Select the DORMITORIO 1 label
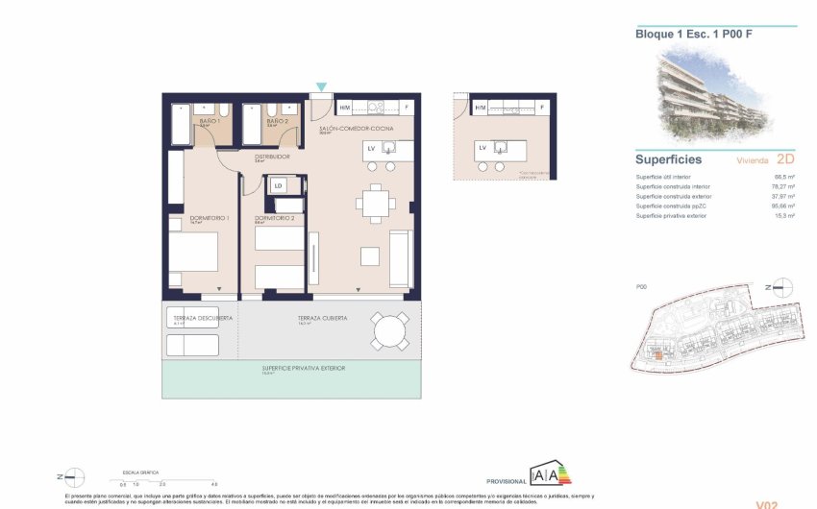[207, 219]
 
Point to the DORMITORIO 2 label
[274, 219]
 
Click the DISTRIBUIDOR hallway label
[272, 157]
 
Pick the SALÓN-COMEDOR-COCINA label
[353, 129]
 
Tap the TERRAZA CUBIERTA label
[322, 317]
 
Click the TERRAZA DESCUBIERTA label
[197, 317]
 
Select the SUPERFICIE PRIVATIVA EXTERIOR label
[303, 368]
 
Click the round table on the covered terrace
[390, 332]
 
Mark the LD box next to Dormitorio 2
[279, 185]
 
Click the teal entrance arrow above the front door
[321, 87]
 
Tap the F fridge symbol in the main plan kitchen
[407, 108]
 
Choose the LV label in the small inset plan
[483, 148]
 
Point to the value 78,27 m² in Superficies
[754, 186]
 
